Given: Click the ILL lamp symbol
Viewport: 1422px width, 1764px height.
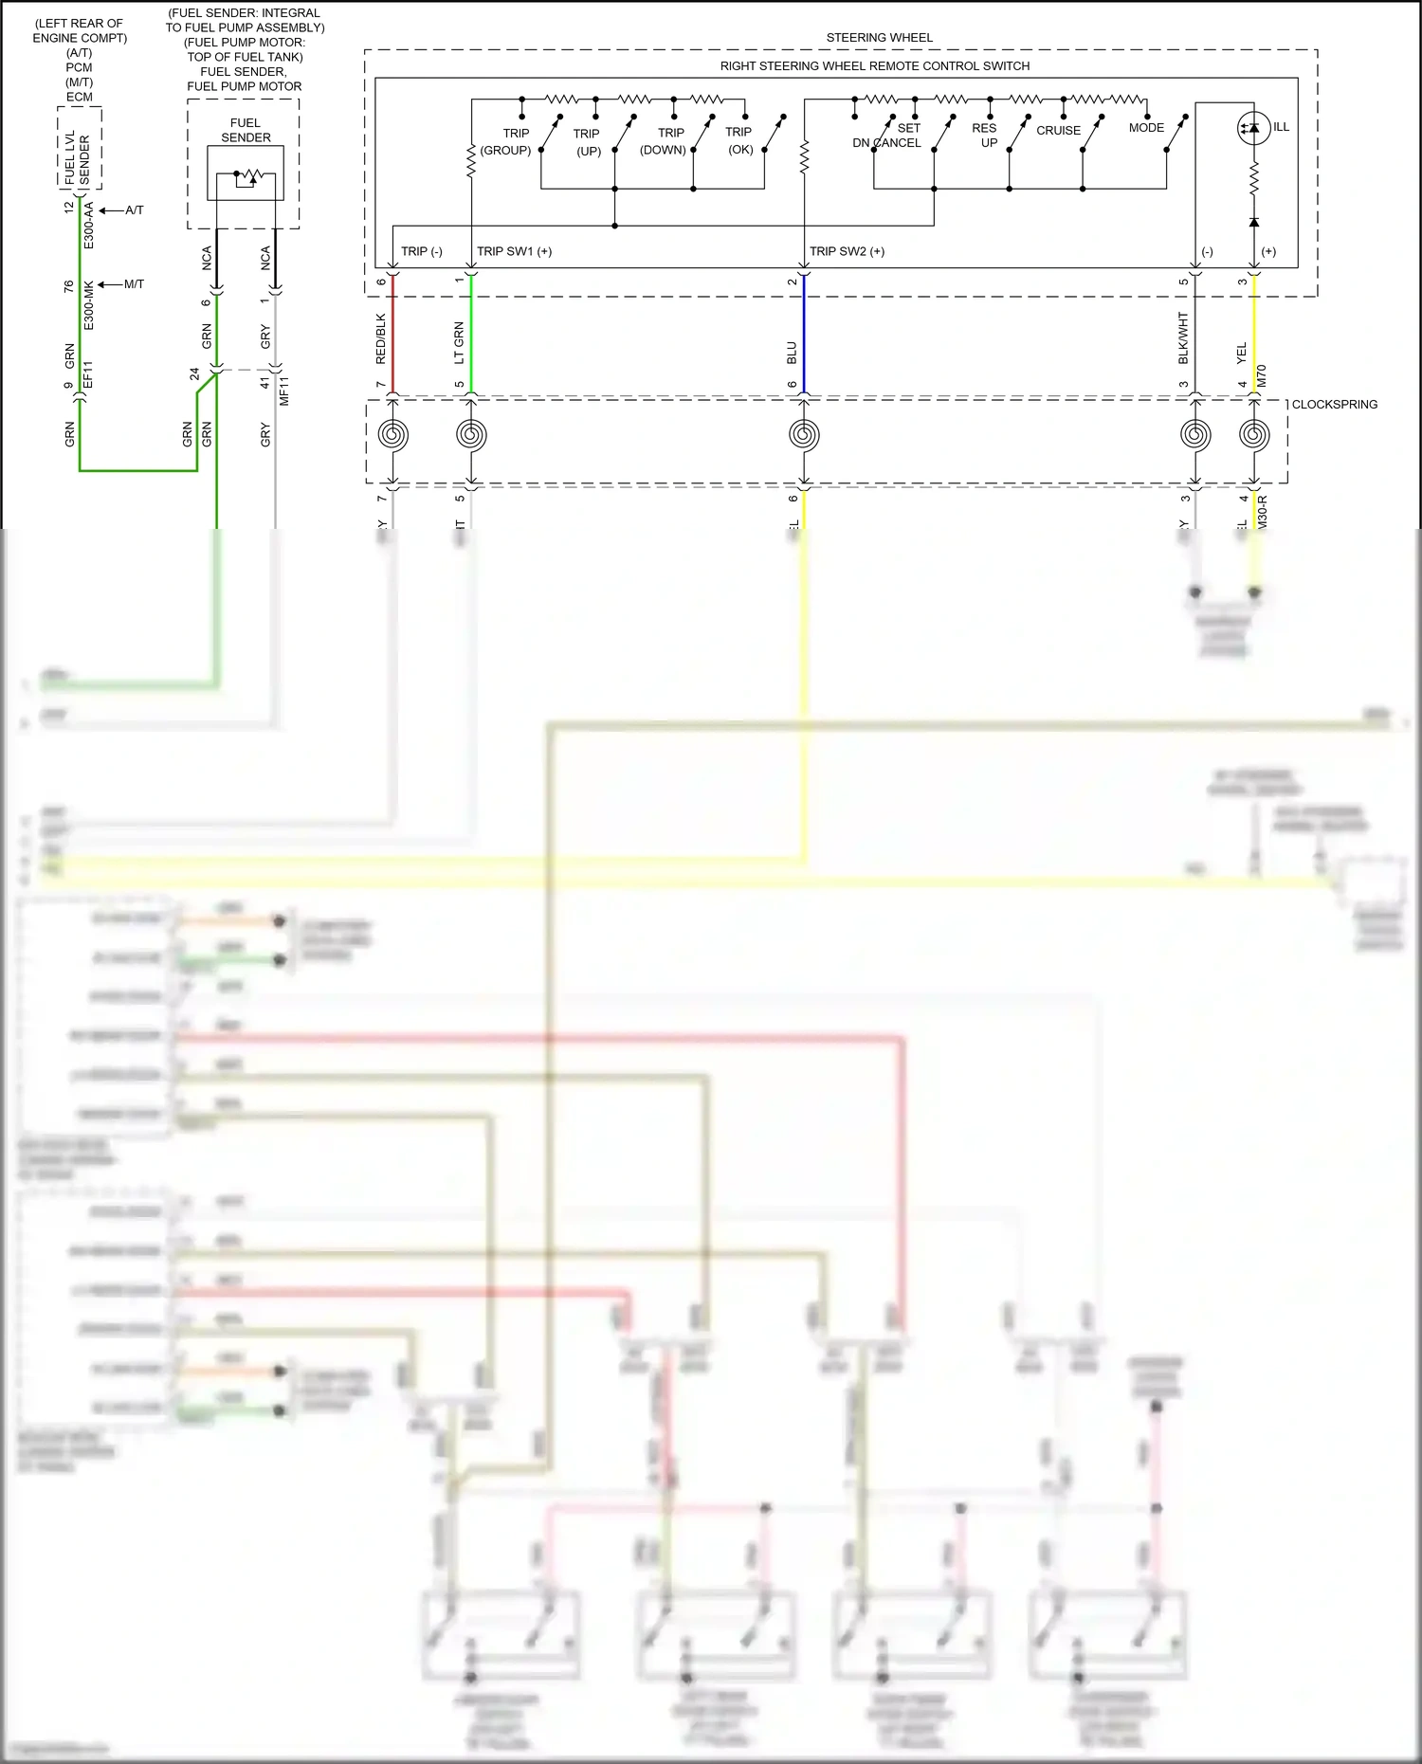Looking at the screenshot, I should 1253,127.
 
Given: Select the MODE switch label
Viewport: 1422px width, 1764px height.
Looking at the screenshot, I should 1146,128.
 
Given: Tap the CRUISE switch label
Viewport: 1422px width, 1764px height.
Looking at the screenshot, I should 1058,131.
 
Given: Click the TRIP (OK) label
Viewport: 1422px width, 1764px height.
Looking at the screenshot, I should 739,140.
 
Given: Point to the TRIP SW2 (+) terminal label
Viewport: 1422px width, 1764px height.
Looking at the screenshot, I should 847,251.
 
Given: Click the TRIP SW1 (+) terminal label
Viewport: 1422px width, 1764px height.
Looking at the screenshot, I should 514,251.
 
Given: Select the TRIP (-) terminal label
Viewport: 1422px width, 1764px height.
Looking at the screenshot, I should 421,251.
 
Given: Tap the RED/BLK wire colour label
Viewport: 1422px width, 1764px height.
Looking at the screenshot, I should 381,338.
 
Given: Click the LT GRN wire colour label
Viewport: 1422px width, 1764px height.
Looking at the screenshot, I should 460,343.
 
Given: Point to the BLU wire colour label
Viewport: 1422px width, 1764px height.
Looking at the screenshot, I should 793,354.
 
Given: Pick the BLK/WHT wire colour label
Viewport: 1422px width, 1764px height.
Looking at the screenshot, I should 1183,338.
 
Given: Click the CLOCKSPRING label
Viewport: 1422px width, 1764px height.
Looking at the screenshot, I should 1334,405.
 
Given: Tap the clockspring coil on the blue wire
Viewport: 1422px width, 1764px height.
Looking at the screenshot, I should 804,435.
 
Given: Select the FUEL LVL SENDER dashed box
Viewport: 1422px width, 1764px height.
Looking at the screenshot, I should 80,149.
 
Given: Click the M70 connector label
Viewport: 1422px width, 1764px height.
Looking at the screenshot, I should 1261,376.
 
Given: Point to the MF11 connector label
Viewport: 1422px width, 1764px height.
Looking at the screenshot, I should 283,391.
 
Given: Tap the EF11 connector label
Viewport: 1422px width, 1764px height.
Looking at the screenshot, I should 88,375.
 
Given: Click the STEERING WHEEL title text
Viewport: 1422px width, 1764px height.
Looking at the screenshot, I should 879,38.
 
